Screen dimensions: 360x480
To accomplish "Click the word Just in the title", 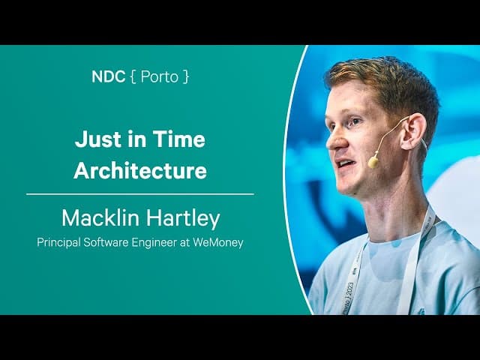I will click(92, 140).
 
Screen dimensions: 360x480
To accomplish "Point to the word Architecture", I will click(140, 170).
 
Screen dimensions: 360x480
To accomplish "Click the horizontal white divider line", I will click(140, 194).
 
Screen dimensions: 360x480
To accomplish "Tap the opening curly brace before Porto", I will click(134, 77).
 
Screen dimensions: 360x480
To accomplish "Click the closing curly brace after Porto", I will click(186, 77).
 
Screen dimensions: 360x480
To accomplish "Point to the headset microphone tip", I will click(373, 161).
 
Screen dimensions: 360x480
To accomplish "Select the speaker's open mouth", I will click(343, 163).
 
